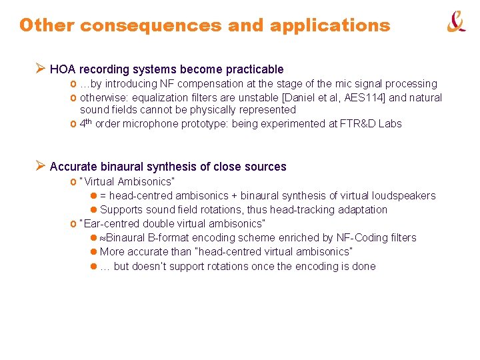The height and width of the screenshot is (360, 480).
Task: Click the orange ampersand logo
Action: (x=456, y=23)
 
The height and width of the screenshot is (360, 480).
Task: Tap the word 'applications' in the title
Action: (x=330, y=25)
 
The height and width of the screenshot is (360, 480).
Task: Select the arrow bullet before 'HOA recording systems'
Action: (x=40, y=69)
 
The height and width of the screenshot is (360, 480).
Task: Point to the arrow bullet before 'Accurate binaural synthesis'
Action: (x=40, y=166)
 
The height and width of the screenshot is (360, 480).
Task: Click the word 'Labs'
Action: (x=389, y=123)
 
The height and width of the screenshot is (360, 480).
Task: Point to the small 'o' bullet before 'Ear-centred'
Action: (x=73, y=223)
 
